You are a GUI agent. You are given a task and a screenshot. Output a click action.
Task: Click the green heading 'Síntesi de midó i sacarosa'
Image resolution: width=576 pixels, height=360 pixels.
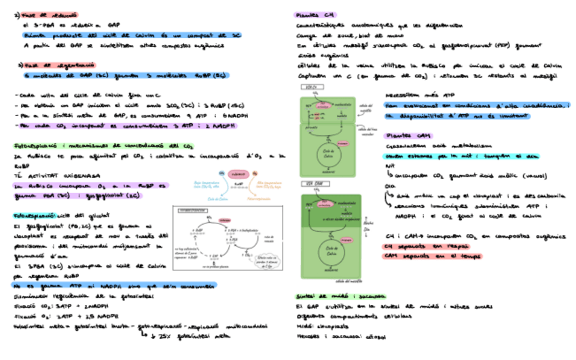pyautogui.click(x=338, y=296)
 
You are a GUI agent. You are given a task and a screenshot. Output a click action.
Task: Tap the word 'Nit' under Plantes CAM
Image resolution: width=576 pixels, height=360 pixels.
pyautogui.click(x=390, y=165)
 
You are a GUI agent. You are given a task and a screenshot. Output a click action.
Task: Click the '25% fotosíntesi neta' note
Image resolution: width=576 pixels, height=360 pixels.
pyautogui.click(x=194, y=336)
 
